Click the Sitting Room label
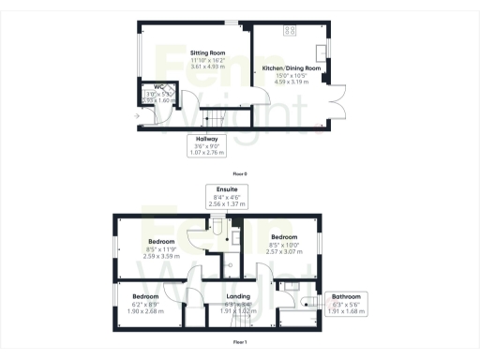tap(207, 52)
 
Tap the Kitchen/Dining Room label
tap(291, 68)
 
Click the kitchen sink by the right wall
tap(321, 51)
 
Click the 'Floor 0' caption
tap(240, 173)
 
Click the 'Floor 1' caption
tap(240, 342)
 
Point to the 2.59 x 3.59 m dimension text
tap(162, 256)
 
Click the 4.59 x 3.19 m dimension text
tap(291, 82)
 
